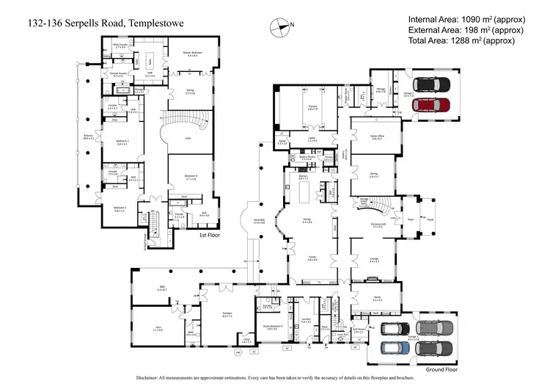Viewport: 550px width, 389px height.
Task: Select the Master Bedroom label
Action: (x=192, y=54)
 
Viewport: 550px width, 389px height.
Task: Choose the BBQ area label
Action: (x=162, y=289)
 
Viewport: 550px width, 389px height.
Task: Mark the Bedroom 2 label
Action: (x=122, y=142)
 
